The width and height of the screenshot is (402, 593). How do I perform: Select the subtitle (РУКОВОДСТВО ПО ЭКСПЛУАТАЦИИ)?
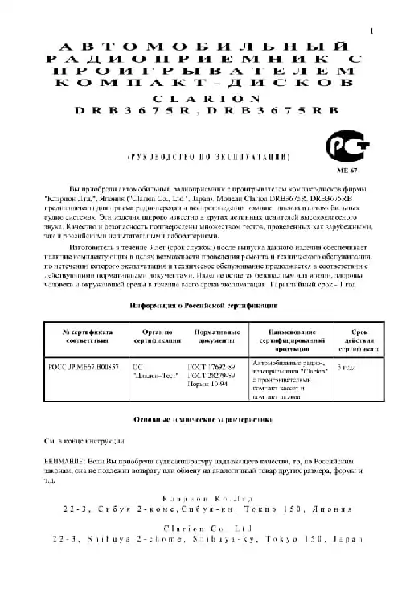pyautogui.click(x=204, y=158)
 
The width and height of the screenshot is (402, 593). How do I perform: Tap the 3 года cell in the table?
pyautogui.click(x=349, y=366)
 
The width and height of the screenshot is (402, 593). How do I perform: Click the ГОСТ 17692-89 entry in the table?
pyautogui.click(x=210, y=366)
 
